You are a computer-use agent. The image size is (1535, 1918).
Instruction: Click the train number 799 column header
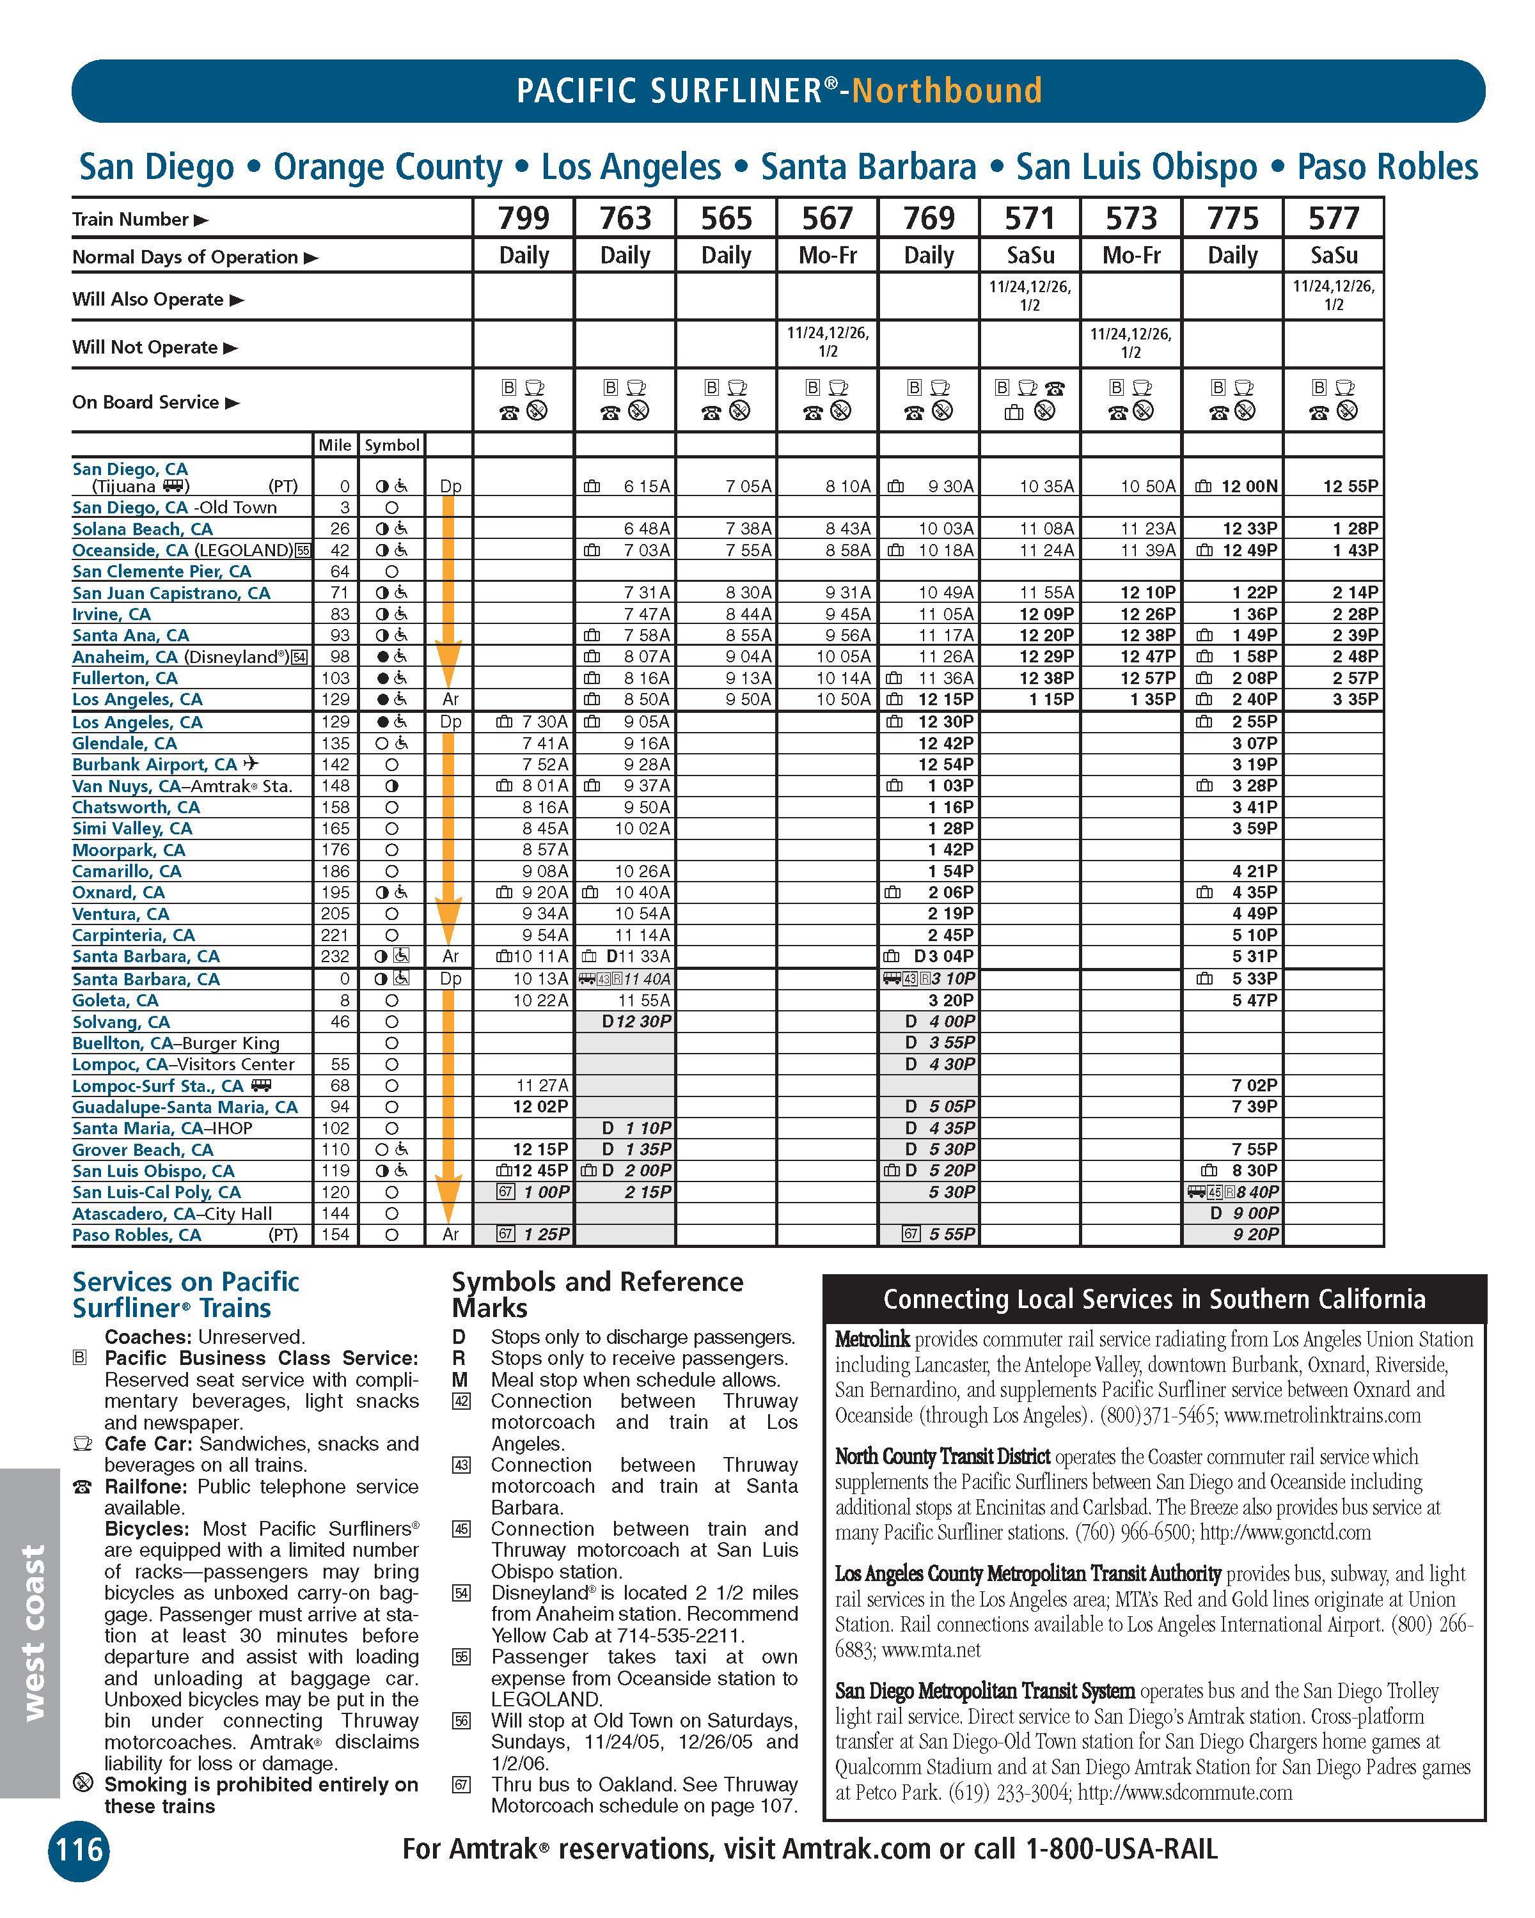coord(523,218)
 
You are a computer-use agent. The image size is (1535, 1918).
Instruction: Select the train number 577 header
coord(1333,218)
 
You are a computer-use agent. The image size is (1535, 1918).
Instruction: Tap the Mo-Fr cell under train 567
coord(828,255)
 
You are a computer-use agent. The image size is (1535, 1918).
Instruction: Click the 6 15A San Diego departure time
coord(647,487)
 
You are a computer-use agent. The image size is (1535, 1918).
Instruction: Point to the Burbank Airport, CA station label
coord(155,764)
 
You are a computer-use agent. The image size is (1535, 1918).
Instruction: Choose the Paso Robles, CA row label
coord(138,1235)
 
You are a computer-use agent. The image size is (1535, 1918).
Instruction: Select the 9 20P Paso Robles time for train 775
coord(1256,1235)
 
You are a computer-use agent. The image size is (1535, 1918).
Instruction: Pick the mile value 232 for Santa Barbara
coord(336,956)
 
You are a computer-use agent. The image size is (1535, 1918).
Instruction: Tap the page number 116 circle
coord(79,1850)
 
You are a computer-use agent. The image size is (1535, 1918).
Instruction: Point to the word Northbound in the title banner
coord(947,91)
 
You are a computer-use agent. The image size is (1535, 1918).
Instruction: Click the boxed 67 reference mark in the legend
coord(461,1784)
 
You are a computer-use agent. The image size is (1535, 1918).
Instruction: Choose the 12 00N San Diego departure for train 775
coord(1249,487)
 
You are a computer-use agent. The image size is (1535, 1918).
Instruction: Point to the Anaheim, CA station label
coord(125,657)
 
